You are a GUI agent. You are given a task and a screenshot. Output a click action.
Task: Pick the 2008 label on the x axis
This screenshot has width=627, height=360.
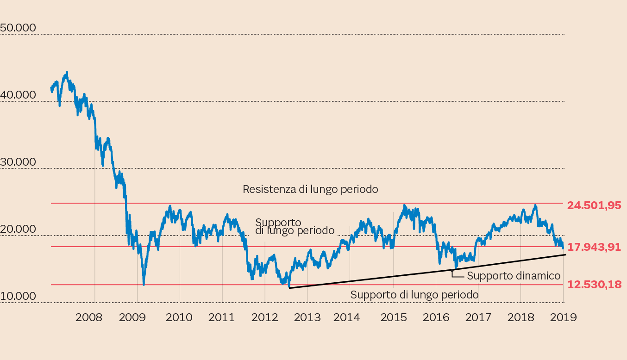(x=88, y=317)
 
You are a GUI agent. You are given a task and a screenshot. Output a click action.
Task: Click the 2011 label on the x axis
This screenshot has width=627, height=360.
(x=222, y=317)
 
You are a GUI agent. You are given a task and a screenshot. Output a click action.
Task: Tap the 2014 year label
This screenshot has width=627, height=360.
(x=346, y=317)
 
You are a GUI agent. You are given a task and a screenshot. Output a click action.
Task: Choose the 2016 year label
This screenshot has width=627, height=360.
(x=436, y=317)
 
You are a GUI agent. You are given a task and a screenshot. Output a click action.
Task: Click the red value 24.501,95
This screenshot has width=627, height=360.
(x=594, y=205)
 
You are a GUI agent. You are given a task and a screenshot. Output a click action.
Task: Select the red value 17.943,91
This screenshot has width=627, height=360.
(x=594, y=247)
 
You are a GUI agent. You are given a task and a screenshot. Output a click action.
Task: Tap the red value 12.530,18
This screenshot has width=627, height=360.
(x=594, y=285)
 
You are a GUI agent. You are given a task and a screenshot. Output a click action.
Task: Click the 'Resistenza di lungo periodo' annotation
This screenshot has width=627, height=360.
(x=310, y=189)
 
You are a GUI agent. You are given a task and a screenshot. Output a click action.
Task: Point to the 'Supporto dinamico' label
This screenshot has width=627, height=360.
(x=514, y=276)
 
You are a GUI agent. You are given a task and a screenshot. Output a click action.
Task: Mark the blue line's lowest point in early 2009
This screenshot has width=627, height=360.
(x=144, y=285)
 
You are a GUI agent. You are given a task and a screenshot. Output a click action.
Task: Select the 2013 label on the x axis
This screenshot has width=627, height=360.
(x=307, y=317)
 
